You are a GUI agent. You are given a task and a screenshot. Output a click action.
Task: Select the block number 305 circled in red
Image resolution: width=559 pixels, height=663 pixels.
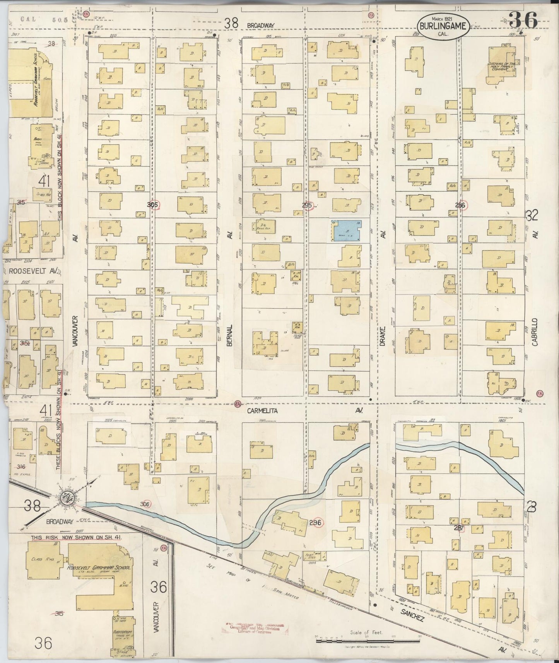153,205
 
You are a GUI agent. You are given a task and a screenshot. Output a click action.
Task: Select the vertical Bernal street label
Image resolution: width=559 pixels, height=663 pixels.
229,335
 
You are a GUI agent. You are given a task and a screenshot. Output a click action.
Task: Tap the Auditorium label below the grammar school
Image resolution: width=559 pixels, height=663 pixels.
121,630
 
